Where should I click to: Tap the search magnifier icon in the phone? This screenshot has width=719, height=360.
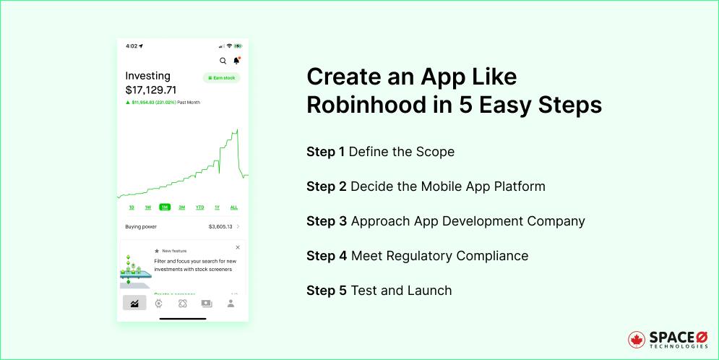tap(223, 61)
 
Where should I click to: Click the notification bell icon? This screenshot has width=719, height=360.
tap(236, 61)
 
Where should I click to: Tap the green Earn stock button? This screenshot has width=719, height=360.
tap(221, 77)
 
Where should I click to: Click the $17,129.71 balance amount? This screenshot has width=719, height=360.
tap(150, 90)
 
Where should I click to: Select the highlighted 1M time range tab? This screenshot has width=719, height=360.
tap(165, 207)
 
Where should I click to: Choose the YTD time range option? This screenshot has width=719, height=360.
tap(199, 207)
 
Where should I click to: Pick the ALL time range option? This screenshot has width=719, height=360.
tap(233, 207)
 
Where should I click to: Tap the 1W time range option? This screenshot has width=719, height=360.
tap(147, 207)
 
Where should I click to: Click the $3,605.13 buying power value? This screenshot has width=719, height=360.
tap(220, 226)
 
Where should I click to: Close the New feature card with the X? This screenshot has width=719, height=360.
tap(238, 247)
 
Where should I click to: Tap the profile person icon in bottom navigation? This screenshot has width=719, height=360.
tap(231, 304)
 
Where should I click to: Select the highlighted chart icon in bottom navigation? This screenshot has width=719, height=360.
tap(134, 304)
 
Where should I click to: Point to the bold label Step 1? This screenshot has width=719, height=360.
tap(325, 152)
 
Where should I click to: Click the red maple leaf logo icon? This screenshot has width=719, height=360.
tap(637, 340)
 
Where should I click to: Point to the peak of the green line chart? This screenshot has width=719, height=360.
tap(237, 130)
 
